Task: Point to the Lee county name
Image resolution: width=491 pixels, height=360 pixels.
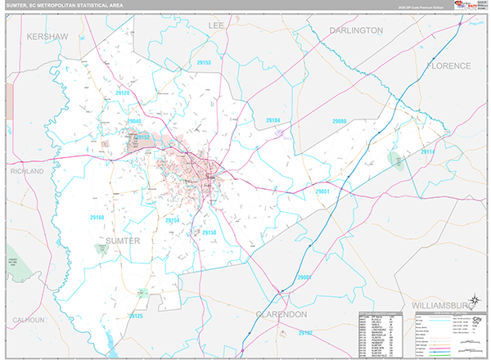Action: click(216, 26)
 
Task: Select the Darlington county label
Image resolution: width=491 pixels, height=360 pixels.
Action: click(356, 30)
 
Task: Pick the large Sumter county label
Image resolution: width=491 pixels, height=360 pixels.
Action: click(123, 241)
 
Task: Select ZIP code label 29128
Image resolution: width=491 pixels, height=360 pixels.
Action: click(122, 94)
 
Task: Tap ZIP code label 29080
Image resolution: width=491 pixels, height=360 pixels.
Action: click(339, 121)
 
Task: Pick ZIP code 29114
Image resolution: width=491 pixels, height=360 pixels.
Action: click(428, 151)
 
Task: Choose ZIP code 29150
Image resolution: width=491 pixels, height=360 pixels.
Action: click(209, 232)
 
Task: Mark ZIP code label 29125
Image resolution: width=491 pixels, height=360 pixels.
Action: click(135, 316)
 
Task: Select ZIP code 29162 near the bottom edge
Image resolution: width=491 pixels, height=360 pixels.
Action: click(305, 333)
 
